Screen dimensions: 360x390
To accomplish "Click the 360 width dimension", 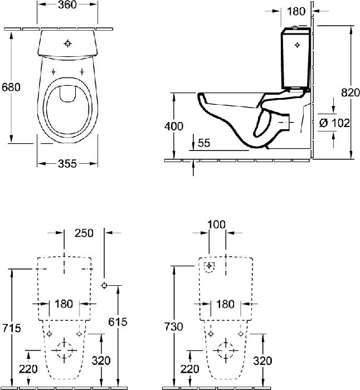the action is [67, 4].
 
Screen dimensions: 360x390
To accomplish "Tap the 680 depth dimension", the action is [11, 87].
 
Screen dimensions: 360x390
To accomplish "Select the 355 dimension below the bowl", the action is [67, 164].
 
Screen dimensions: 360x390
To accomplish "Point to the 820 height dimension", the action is [351, 92].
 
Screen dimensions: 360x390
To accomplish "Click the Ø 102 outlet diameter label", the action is [334, 123].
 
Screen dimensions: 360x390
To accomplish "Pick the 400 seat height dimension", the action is [174, 126].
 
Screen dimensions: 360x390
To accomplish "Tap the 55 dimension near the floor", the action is [204, 143].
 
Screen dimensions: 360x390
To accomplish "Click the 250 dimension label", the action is [84, 233].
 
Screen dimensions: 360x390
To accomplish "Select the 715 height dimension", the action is [12, 328].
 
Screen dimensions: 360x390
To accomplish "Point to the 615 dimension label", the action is [118, 322].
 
